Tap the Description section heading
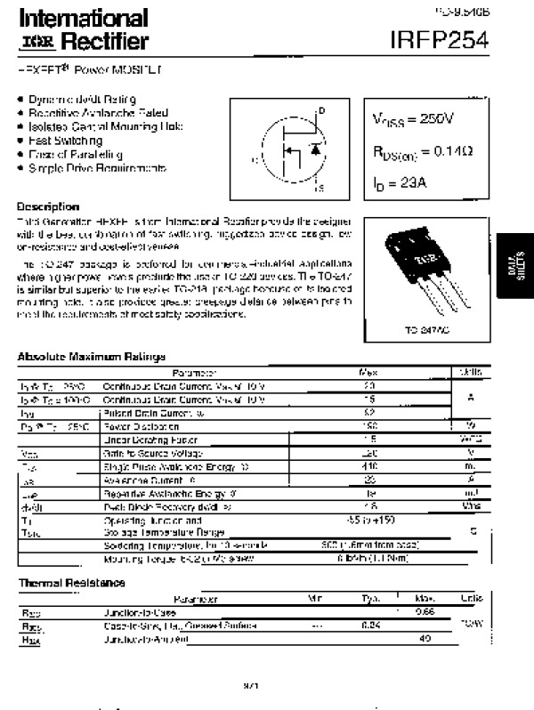pyautogui.click(x=48, y=206)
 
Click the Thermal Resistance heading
pyautogui.click(x=71, y=583)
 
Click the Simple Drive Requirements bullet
pyautogui.click(x=97, y=167)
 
